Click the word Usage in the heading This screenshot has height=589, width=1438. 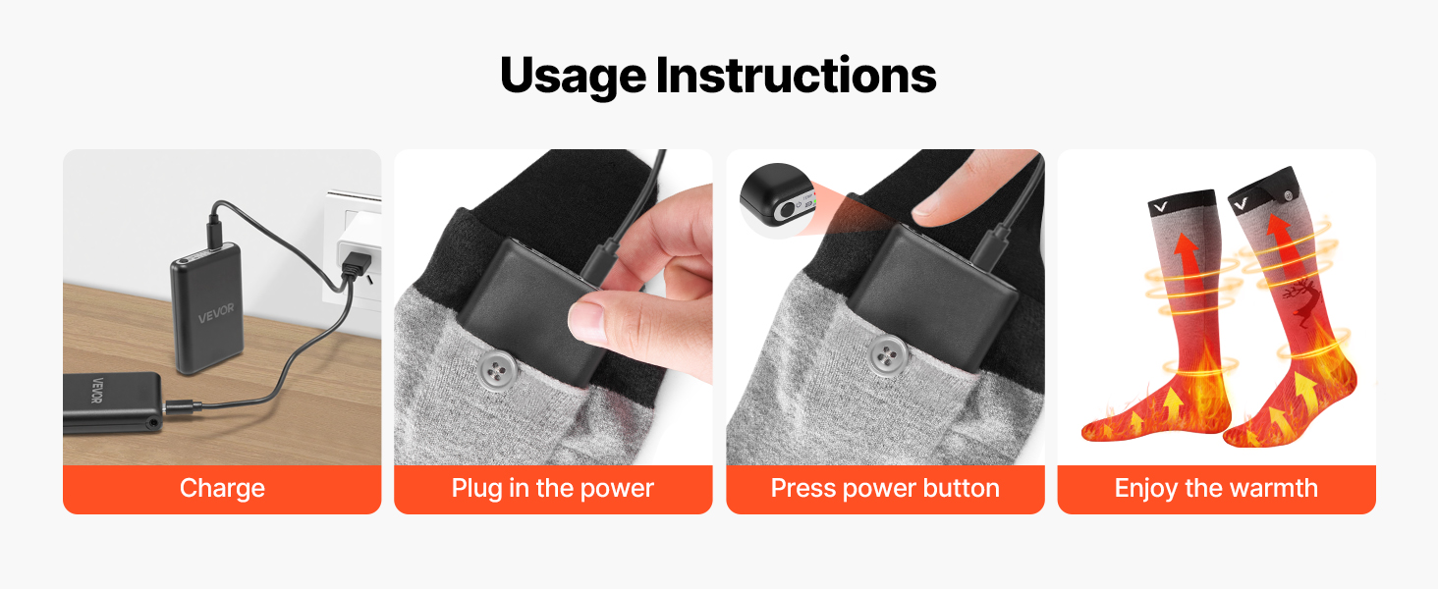click(573, 77)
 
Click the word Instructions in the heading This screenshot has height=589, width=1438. click(796, 75)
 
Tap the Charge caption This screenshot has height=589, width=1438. click(222, 488)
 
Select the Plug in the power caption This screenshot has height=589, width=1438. click(553, 488)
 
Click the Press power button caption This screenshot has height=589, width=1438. click(885, 488)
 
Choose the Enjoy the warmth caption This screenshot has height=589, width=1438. click(1216, 488)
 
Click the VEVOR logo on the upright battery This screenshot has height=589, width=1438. click(216, 314)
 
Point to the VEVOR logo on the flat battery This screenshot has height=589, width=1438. click(96, 391)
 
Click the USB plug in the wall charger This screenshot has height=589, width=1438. click(356, 263)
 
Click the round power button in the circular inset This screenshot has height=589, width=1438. click(787, 210)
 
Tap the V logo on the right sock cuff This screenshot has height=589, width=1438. click(1241, 204)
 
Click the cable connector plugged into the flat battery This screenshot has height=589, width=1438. click(181, 405)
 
